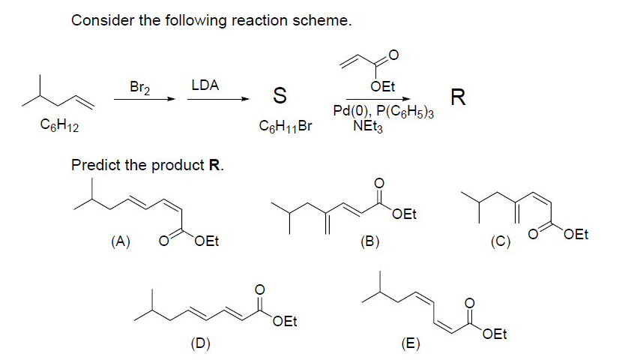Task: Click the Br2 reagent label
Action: click(140, 87)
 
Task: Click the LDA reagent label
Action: click(205, 85)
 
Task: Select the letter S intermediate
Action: click(279, 96)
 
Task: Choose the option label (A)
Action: click(119, 241)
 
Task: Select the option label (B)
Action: click(369, 241)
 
